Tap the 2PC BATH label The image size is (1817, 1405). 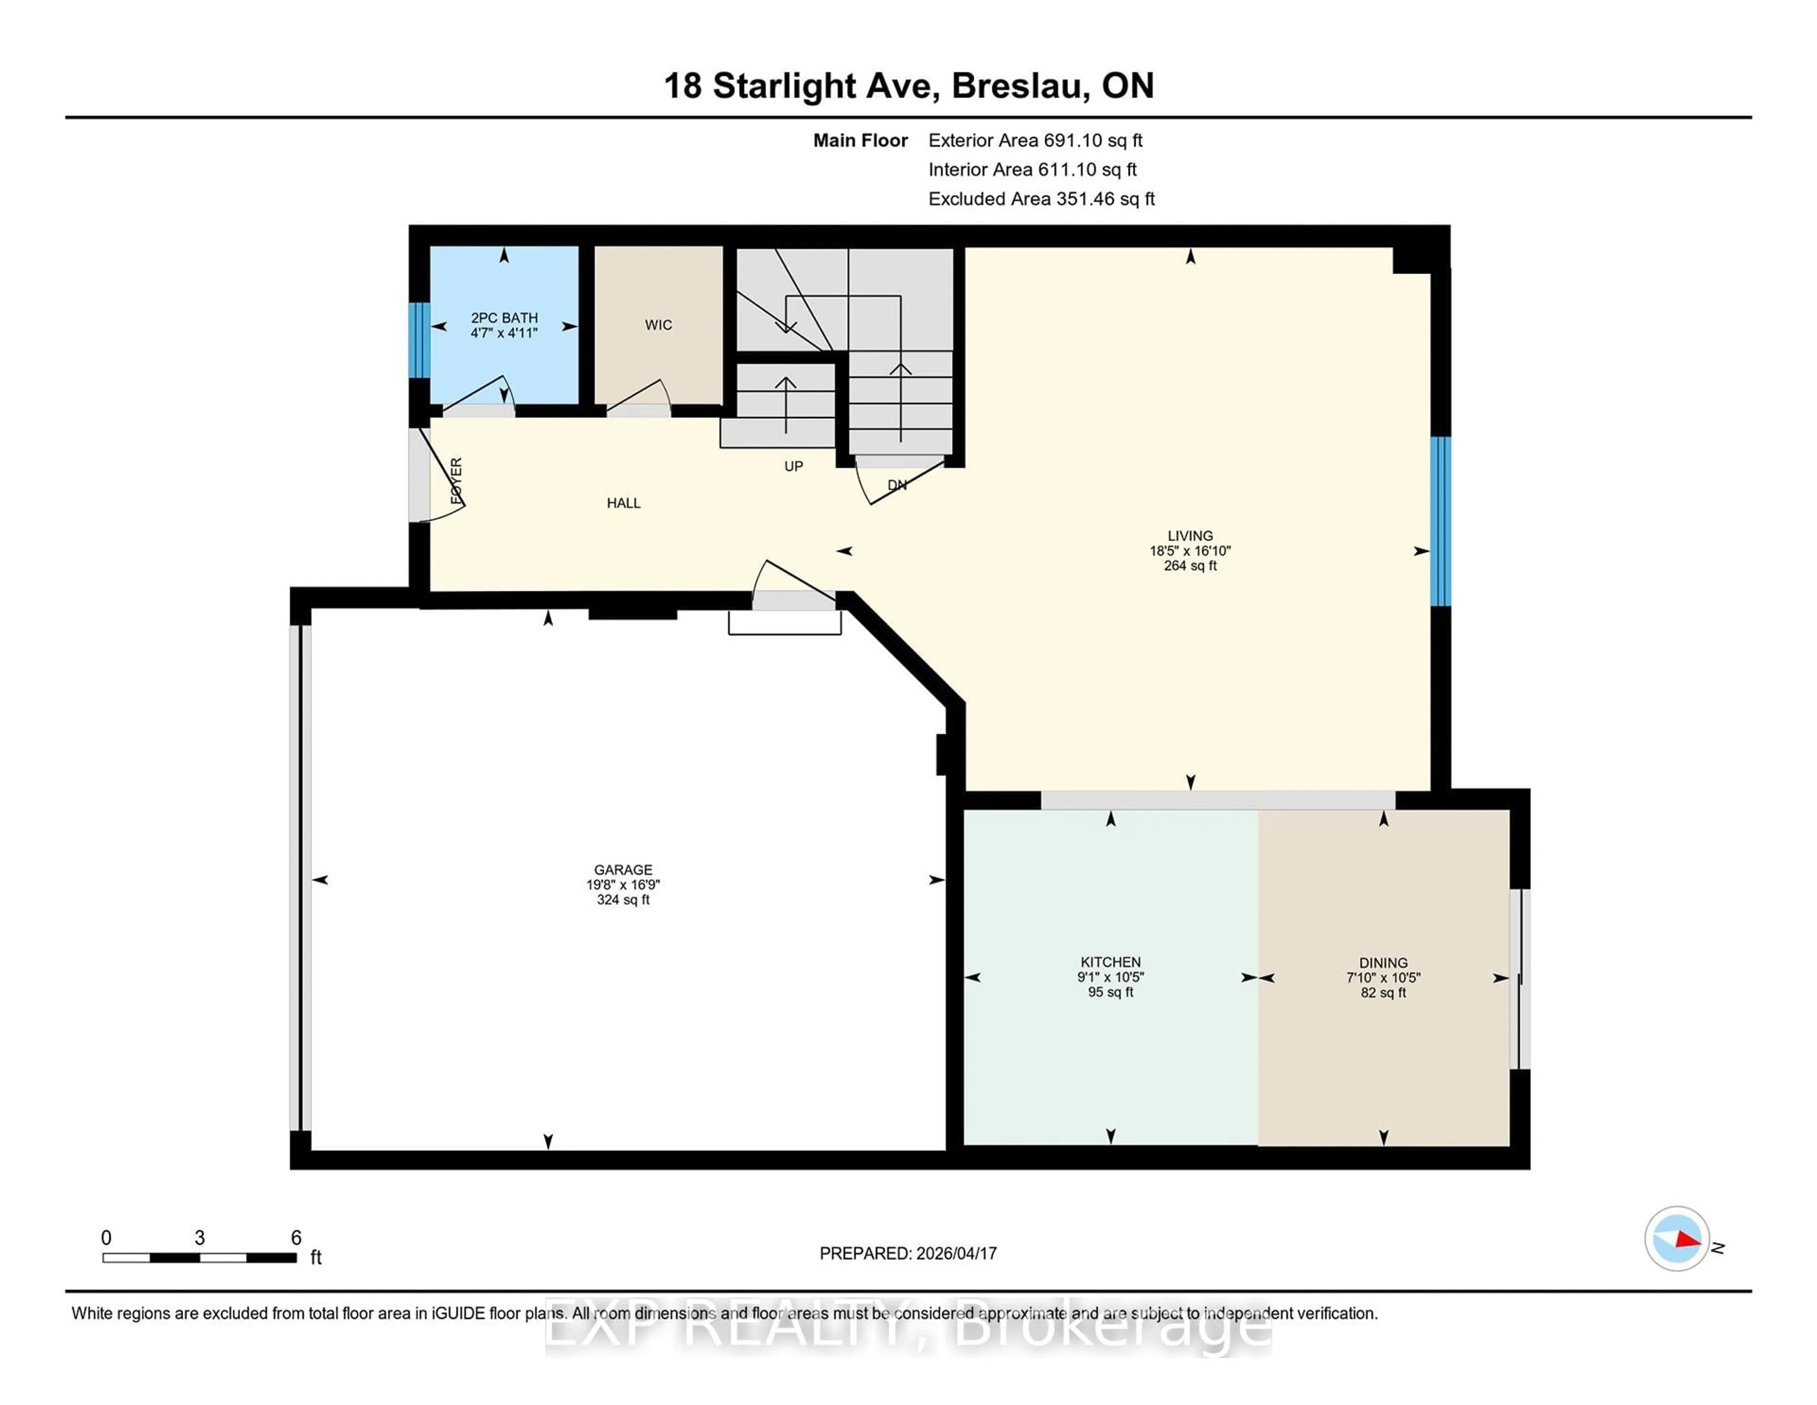tap(504, 317)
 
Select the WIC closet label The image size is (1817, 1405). tap(658, 325)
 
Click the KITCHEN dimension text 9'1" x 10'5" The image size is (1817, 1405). tap(1111, 977)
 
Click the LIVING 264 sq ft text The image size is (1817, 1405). tap(1190, 565)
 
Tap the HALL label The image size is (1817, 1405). tap(623, 503)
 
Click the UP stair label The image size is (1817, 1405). tap(794, 466)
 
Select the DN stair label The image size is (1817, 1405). tap(897, 484)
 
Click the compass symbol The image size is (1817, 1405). tap(1676, 1238)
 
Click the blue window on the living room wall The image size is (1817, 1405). tap(1440, 521)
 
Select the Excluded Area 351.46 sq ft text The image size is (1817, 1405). tap(1041, 199)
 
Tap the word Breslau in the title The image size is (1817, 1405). tap(1020, 86)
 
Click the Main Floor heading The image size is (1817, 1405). tap(860, 141)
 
